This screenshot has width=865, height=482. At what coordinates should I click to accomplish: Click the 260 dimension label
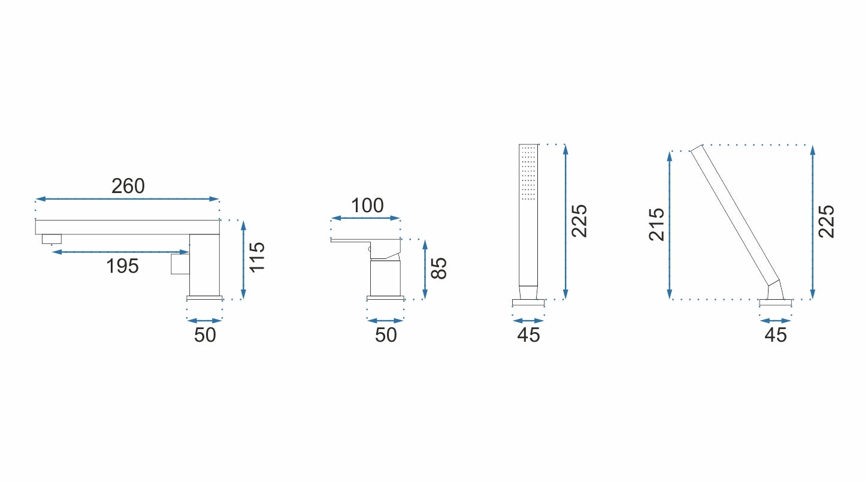click(128, 186)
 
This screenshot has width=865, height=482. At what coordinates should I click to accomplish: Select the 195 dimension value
click(122, 266)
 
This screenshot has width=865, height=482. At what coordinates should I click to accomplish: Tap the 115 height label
click(257, 257)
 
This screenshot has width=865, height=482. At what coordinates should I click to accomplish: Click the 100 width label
click(367, 206)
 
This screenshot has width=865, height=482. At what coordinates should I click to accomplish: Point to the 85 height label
click(439, 268)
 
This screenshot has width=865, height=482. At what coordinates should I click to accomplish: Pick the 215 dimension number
click(657, 225)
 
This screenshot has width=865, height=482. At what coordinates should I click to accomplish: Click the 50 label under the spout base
click(205, 335)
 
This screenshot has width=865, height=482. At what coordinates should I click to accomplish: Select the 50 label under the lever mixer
click(385, 335)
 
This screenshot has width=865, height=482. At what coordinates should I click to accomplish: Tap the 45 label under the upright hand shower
click(528, 335)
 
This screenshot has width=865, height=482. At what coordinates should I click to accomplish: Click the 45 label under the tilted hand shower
click(775, 335)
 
